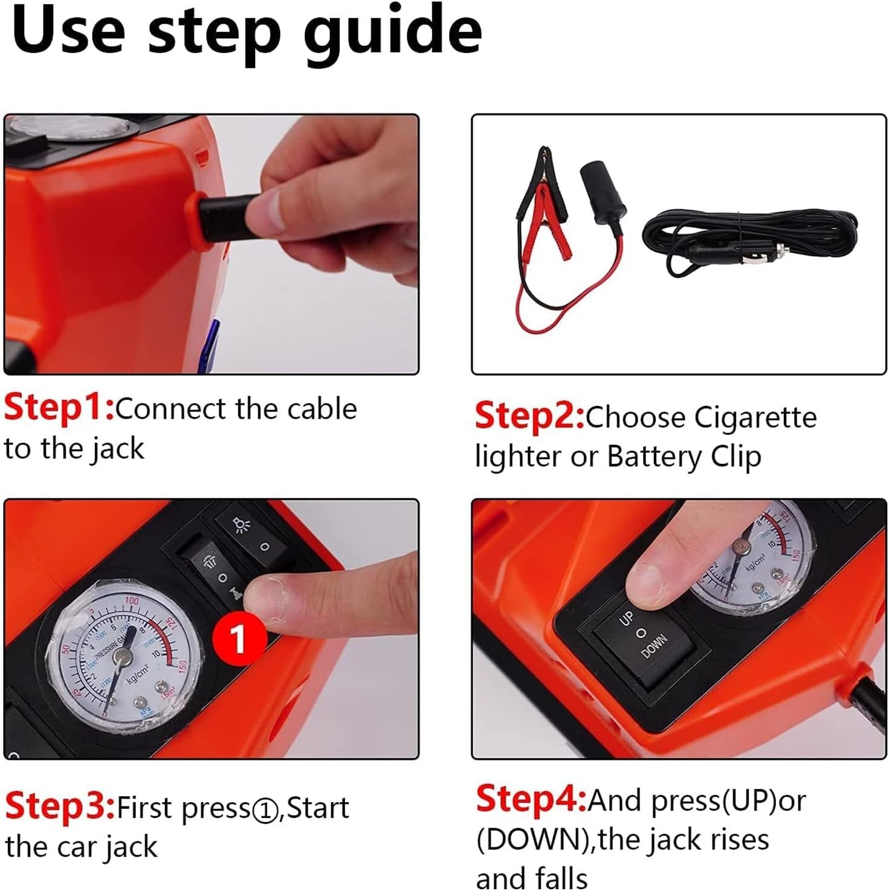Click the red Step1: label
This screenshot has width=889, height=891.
pos(59,408)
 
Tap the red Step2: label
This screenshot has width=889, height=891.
pos(529,416)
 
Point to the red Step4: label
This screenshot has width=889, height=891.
pos(531,799)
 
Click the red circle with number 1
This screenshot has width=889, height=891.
pos(239,638)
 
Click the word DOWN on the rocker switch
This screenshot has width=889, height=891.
pos(654,648)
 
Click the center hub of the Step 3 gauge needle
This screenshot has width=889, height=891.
pos(125,655)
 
